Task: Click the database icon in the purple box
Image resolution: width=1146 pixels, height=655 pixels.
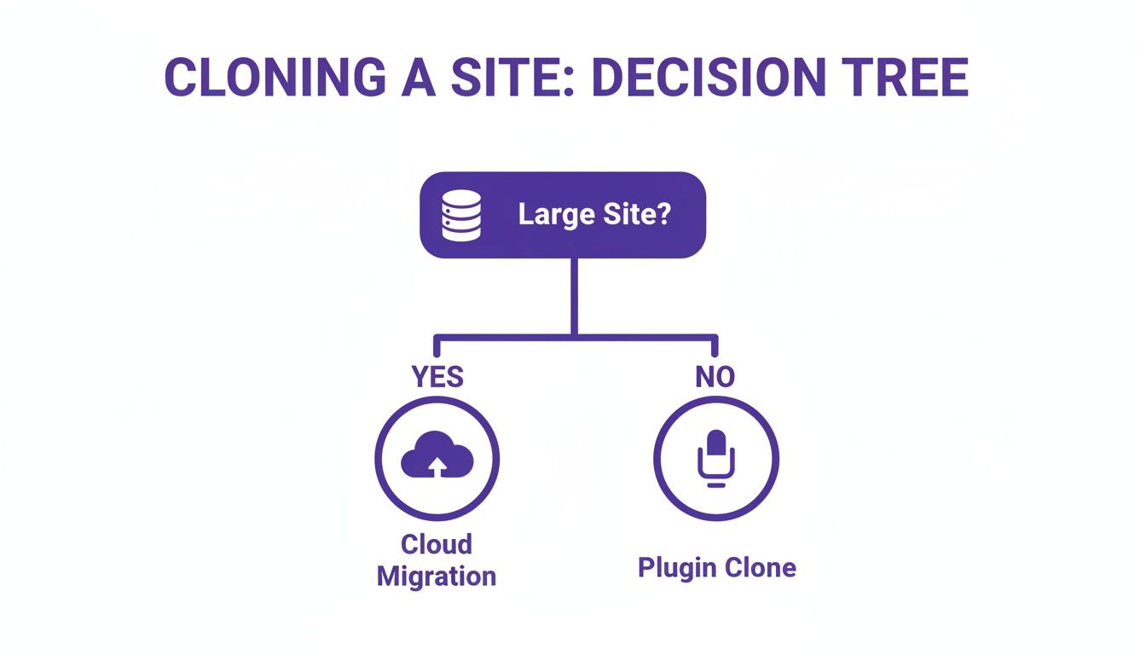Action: point(461,215)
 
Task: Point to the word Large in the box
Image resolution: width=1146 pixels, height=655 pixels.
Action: point(555,215)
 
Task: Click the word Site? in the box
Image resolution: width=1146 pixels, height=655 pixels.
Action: point(635,215)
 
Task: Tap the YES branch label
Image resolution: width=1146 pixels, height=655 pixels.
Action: point(437,377)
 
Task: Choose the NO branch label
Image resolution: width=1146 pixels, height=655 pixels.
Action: point(715,377)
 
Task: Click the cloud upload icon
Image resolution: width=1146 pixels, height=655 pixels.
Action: point(437,459)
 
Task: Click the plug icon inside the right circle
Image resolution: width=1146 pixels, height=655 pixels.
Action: point(715,459)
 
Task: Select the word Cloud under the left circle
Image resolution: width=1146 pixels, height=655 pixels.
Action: point(437,544)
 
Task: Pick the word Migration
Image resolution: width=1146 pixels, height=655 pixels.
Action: point(437,576)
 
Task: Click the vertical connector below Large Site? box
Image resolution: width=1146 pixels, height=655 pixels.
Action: point(574,294)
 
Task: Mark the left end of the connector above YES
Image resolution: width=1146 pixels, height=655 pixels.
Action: point(437,346)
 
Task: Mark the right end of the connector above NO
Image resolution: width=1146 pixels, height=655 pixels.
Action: point(715,346)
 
